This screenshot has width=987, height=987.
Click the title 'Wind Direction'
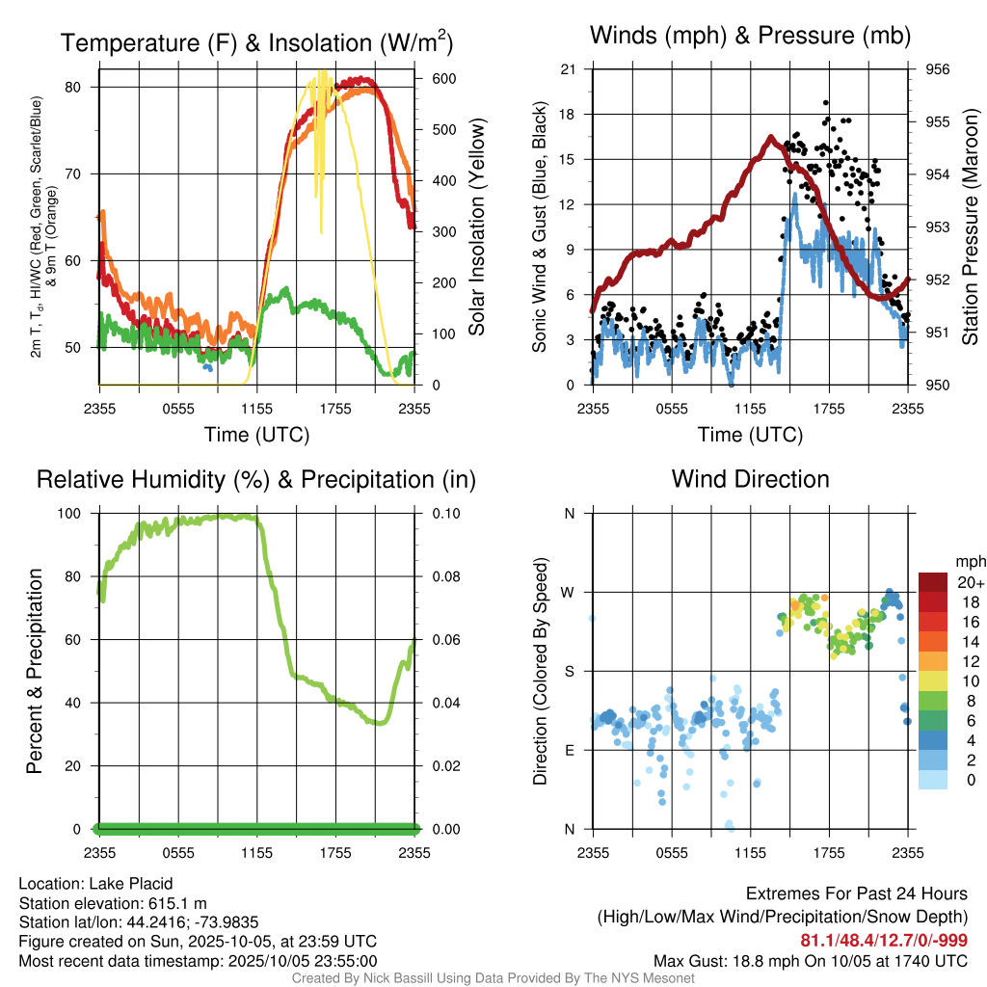click(750, 479)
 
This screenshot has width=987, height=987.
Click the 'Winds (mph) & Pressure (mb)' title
click(750, 37)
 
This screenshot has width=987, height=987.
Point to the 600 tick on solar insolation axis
click(432, 78)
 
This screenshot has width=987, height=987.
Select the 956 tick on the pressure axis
click(938, 69)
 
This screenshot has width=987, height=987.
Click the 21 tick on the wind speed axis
click(569, 69)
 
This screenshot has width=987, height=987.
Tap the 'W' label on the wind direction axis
click(570, 592)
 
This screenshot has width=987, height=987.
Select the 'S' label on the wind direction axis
click(570, 671)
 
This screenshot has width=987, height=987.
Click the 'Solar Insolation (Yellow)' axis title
click(476, 227)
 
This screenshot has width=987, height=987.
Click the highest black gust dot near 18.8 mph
click(826, 102)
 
